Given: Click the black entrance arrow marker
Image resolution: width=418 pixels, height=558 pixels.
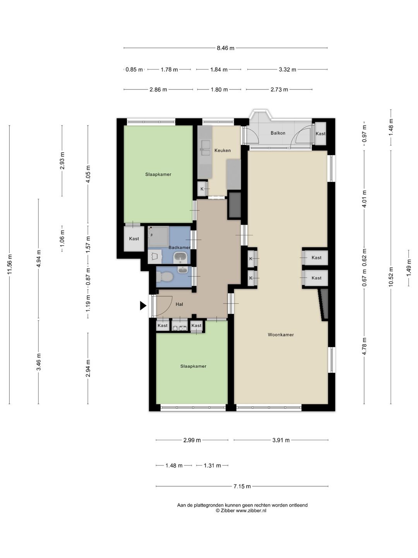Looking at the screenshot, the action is tap(143, 306).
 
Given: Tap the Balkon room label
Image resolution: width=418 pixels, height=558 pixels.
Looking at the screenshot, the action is tap(278, 133).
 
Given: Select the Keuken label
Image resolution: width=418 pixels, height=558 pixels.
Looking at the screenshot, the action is tap(223, 150).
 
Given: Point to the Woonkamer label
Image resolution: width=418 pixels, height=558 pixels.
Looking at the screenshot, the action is tap(281, 335).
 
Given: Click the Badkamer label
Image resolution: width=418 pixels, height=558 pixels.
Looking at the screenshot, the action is tap(180, 248).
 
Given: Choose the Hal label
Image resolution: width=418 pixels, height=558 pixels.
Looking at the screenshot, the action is tap(179, 304).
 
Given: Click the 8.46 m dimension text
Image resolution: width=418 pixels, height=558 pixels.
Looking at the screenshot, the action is tap(225, 48).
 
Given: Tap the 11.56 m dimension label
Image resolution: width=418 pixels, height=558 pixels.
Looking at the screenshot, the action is tap(10, 264).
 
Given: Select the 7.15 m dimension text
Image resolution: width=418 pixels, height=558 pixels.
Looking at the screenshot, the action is tap(242, 486).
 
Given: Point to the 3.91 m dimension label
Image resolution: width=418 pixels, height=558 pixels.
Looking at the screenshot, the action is tap(281, 440).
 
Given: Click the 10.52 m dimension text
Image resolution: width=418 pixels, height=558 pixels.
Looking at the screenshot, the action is tap(391, 277).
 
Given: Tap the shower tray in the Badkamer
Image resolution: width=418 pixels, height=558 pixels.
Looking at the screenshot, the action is tap(158, 236).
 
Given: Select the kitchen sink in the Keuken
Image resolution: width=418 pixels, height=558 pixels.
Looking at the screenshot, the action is tap(205, 148).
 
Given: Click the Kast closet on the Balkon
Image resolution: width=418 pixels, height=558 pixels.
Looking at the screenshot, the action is tap(320, 134).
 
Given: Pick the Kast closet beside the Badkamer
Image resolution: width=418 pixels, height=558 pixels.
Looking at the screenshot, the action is tap(134, 239).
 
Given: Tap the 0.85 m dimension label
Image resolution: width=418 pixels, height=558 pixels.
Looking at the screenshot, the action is tap(134, 70).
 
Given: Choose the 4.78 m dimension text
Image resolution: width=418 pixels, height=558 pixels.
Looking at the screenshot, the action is tap(365, 346).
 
